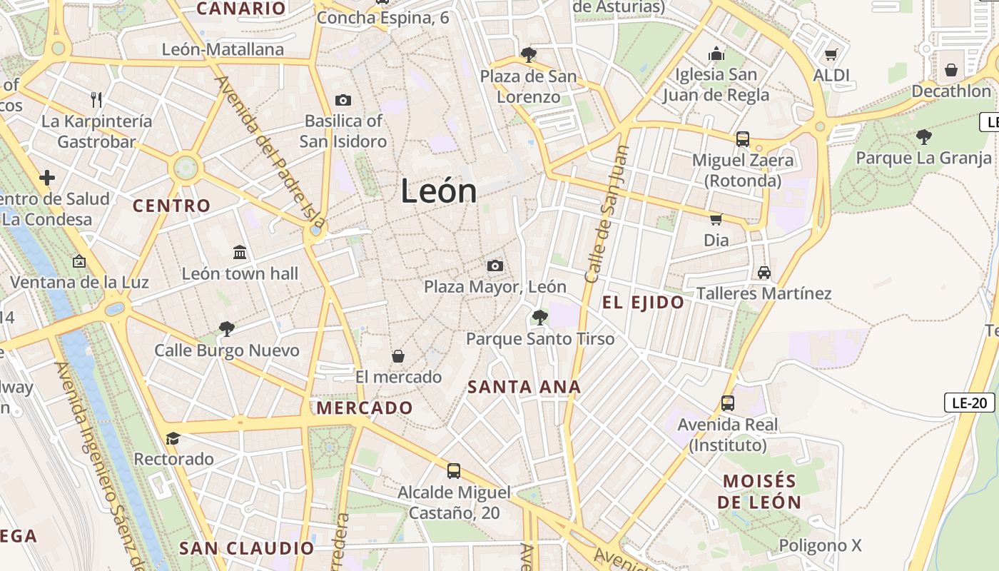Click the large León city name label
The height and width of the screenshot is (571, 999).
coord(438,191)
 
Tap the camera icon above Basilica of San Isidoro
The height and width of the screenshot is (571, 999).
coord(343,101)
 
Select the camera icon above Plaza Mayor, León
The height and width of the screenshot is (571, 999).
coord(495,266)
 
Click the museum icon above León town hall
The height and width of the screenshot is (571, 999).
coord(240,253)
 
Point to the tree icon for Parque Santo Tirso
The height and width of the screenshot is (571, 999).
coord(540,318)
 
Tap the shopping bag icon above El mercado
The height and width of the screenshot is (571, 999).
coord(398,356)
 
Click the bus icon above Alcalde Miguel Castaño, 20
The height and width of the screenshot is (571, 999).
coord(454,471)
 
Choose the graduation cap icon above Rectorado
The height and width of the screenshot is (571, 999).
coord(173,438)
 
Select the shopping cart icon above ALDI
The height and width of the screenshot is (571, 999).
coord(831,55)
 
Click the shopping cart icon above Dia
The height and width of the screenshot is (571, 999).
coord(716,219)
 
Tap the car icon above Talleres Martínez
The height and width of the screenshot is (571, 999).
coord(764,273)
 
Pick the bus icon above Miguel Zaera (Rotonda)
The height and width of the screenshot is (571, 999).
coord(743,139)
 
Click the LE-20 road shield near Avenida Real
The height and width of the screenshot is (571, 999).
coord(970,403)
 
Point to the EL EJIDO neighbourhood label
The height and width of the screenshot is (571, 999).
coord(643,303)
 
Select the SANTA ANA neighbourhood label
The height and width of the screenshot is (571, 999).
coord(524,388)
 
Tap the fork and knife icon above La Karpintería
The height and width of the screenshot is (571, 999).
coord(96,99)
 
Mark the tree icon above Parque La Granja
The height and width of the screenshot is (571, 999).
coord(924,136)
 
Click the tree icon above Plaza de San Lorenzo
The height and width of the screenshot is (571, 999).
coord(529,55)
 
